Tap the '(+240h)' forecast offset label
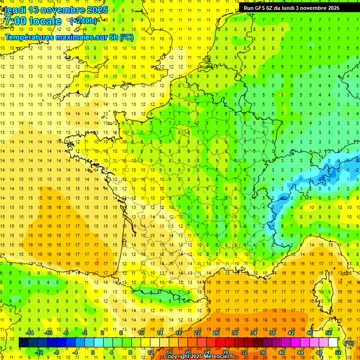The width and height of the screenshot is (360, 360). point(83,21)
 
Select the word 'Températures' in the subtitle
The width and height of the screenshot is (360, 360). point(28,37)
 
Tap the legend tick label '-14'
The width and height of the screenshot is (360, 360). point(29,333)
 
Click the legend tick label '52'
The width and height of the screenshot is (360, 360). point(338,352)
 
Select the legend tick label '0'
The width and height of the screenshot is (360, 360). point(93,352)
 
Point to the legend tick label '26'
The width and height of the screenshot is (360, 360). point(216,333)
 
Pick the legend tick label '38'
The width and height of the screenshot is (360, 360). point(272,333)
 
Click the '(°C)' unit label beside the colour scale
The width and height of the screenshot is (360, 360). point(349,343)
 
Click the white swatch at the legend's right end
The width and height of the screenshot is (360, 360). point(333,343)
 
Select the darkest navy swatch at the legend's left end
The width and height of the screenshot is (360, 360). point(24,343)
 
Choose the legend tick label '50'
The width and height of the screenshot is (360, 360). point(329,333)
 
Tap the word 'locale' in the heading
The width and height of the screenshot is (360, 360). point(45,22)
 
